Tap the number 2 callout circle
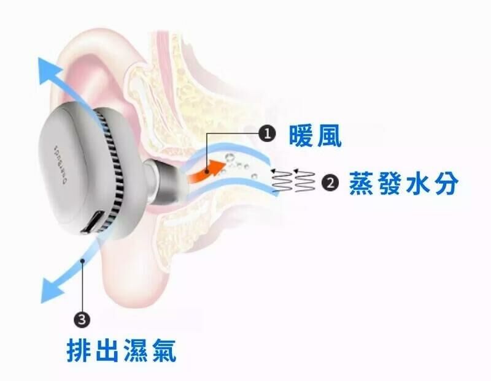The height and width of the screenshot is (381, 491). (x=330, y=183)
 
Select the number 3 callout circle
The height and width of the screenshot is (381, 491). (x=82, y=318)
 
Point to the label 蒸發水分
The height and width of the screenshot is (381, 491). (x=403, y=183)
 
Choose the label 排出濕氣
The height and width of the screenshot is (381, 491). (x=122, y=351)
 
